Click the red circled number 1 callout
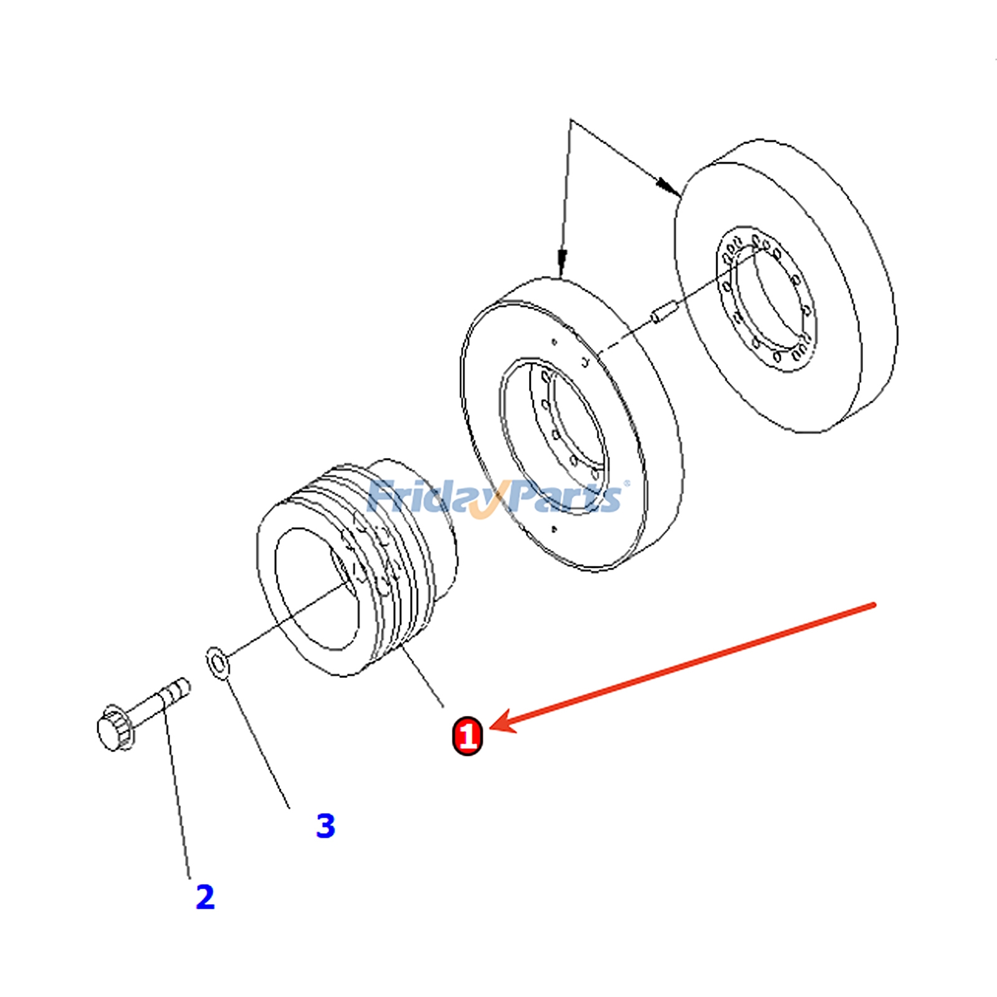(x=467, y=736)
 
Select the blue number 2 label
(x=205, y=897)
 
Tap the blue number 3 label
(x=325, y=826)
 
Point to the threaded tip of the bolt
(x=180, y=687)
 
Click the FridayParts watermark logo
(x=495, y=497)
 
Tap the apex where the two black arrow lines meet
(x=571, y=120)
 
